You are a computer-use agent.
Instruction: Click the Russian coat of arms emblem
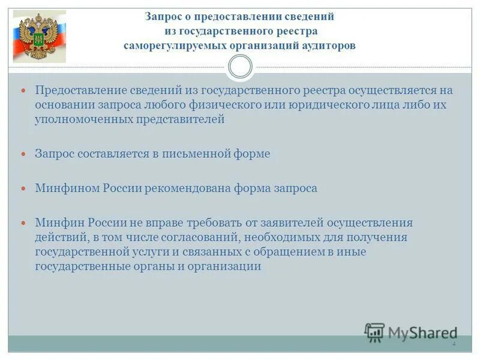click(x=40, y=37)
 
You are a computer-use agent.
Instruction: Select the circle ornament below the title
click(x=241, y=67)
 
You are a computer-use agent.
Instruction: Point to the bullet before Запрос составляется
click(x=24, y=154)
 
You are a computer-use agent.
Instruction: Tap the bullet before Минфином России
click(x=24, y=188)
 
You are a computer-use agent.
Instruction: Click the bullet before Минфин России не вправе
click(x=24, y=223)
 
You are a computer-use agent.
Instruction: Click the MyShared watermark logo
click(x=412, y=332)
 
